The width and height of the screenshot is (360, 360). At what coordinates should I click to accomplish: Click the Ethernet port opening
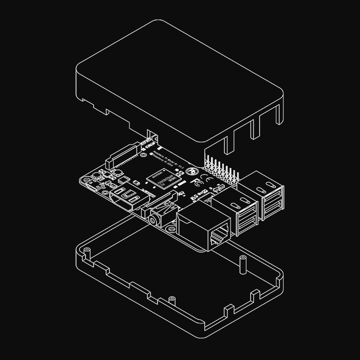click(x=220, y=235)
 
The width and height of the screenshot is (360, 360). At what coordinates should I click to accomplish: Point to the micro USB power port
click(x=93, y=186)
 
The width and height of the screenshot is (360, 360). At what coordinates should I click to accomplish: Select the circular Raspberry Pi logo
click(x=191, y=171)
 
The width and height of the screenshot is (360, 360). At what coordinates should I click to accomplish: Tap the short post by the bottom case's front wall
click(x=172, y=299)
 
